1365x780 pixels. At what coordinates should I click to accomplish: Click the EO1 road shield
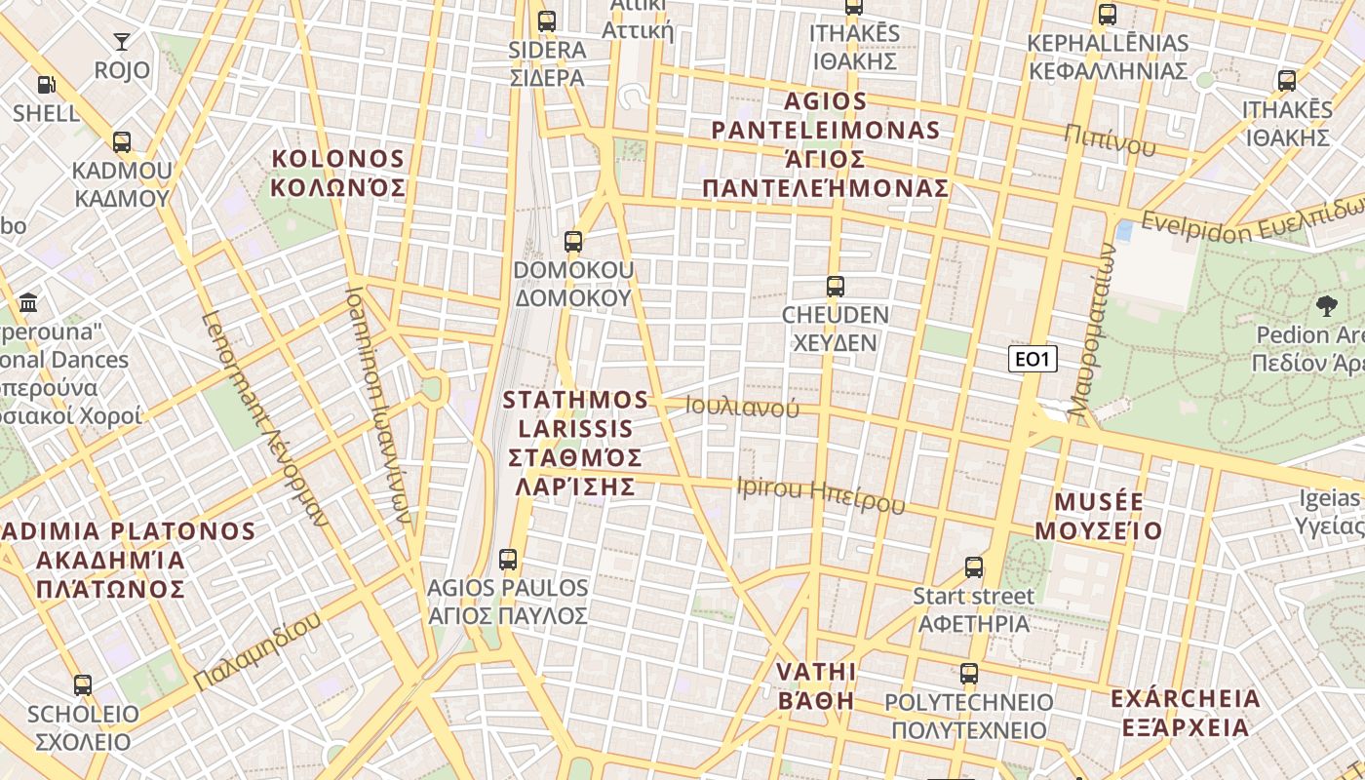[1033, 360]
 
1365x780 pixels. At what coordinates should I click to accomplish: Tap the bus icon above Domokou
[573, 242]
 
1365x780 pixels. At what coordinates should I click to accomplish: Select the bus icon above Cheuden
[836, 287]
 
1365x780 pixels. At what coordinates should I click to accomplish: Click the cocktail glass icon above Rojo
[122, 41]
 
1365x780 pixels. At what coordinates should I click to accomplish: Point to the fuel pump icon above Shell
[46, 85]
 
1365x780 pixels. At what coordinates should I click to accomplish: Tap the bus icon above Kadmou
[122, 142]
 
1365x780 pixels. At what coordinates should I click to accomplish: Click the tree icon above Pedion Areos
[1326, 306]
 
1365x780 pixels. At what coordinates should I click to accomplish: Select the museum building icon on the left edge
[28, 302]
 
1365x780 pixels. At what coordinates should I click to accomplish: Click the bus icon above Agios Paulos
[508, 560]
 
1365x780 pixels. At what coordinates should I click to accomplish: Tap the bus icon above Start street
[973, 567]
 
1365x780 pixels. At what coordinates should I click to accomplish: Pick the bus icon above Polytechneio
[969, 674]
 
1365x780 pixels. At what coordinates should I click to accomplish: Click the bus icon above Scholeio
[83, 685]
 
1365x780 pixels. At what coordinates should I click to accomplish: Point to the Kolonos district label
[337, 173]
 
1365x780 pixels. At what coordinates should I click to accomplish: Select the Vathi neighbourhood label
[815, 686]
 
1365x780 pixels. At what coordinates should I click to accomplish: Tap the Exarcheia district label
[1185, 713]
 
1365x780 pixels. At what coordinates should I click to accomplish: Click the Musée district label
[1099, 516]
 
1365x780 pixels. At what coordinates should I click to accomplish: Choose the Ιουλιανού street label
[742, 407]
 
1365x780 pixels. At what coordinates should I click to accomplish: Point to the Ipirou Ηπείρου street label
[821, 494]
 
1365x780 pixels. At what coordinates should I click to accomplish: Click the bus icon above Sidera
[547, 20]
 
